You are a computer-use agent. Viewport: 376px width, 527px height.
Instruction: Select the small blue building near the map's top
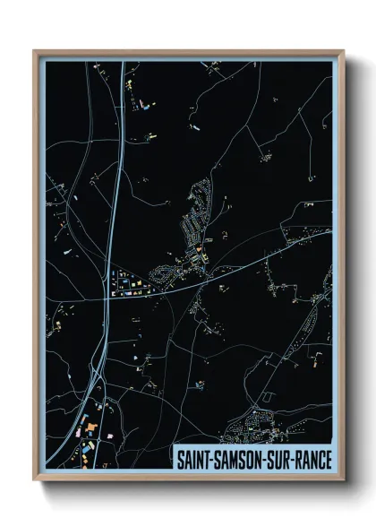pos(143,105)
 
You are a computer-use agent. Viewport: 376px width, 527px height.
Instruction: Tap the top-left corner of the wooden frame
pos(35,51)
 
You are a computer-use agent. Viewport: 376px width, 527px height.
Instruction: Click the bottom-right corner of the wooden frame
pos(343,479)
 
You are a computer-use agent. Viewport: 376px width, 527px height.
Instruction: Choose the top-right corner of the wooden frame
pos(343,51)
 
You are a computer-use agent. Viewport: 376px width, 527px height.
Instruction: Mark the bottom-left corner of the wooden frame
pos(35,479)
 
